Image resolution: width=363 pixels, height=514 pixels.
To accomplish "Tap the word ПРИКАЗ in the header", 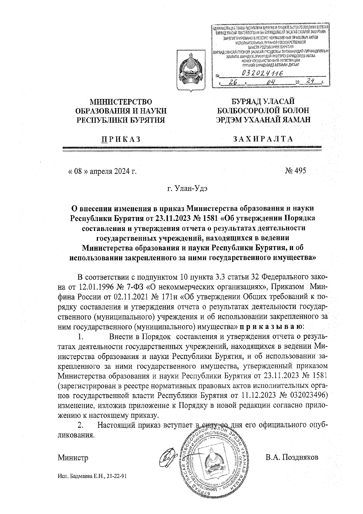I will tap(121, 139).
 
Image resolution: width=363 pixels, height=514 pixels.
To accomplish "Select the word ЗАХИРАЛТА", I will tap(263, 139).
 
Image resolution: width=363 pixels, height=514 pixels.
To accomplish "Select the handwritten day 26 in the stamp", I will tap(232, 82).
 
